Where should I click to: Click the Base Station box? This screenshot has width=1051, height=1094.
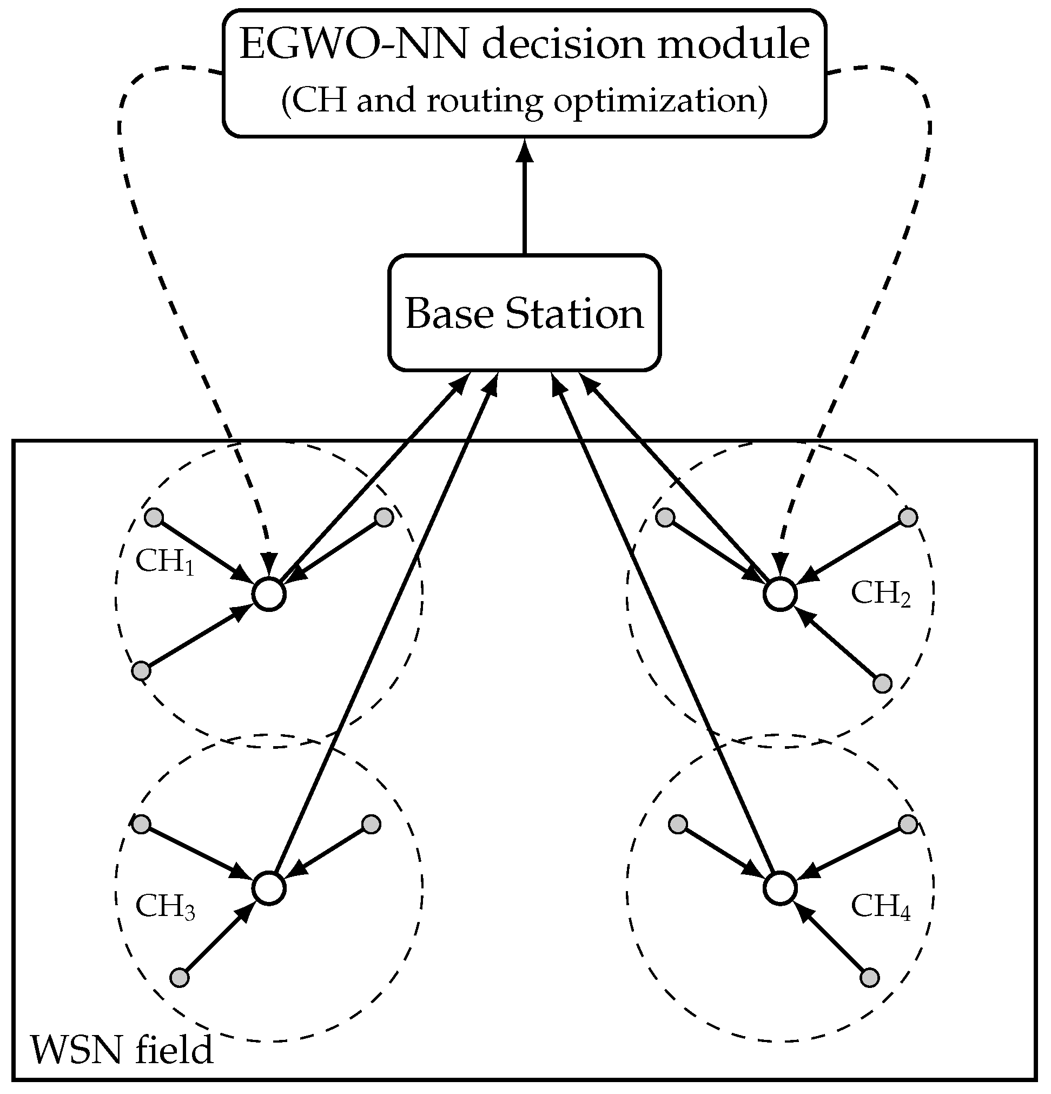click(x=524, y=313)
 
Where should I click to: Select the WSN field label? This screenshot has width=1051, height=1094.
click(x=122, y=1050)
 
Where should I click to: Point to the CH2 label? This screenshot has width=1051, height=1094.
click(x=880, y=594)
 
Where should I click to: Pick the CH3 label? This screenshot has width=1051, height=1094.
click(x=164, y=906)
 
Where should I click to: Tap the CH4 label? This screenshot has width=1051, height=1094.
click(x=880, y=906)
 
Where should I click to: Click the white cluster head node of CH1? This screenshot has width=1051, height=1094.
click(x=269, y=595)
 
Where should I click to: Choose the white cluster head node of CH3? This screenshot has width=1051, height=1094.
click(x=269, y=888)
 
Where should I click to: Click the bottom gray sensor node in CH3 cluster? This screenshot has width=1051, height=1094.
click(x=179, y=978)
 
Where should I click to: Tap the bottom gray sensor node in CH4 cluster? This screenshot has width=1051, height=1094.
click(x=870, y=978)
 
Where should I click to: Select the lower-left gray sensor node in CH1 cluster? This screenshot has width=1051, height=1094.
click(x=141, y=670)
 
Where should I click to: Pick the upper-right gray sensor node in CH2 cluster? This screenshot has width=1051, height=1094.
click(x=908, y=517)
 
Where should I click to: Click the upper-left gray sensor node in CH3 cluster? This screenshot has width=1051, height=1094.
click(x=141, y=824)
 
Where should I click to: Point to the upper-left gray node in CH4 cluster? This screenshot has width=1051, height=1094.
click(x=678, y=824)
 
